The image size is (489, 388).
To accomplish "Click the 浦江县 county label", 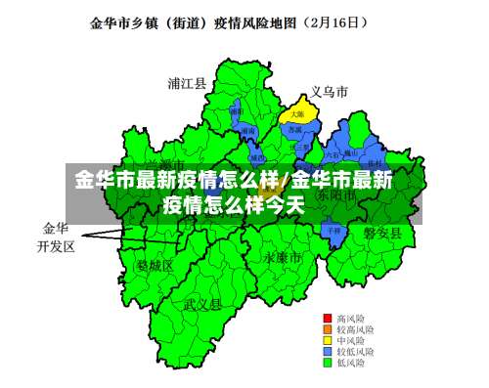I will click(187, 84).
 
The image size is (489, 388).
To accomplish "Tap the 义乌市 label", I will click(329, 92).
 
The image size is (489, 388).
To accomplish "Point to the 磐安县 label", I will click(382, 233).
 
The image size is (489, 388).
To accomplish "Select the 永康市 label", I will click(282, 257).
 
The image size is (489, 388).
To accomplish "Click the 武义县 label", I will click(202, 304).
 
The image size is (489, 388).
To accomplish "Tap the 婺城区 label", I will click(155, 265).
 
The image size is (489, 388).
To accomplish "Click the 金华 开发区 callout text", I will click(56, 237).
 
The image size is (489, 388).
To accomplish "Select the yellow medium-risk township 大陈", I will click(296, 115).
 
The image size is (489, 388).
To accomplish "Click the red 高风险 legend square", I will click(329, 319).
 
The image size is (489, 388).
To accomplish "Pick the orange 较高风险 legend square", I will click(329, 329).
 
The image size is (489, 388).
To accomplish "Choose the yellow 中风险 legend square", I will click(329, 340).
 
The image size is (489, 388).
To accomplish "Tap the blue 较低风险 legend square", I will click(329, 351).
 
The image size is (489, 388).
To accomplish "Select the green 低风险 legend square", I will click(329, 362).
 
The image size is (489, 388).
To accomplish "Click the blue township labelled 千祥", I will click(334, 231).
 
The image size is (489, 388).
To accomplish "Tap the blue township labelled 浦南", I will click(249, 131).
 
